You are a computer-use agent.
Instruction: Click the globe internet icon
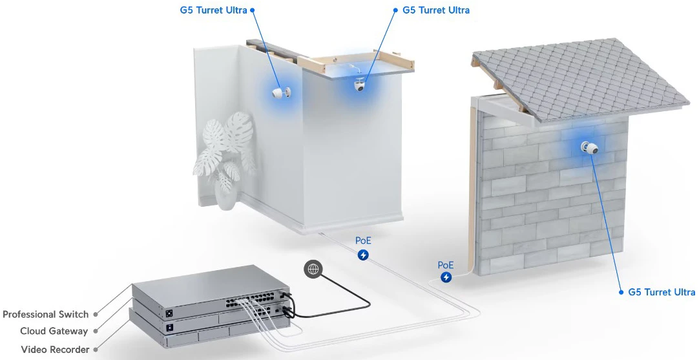coord(313,269)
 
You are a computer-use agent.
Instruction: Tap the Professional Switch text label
coord(45,315)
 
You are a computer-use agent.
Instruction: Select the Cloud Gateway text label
coord(54,331)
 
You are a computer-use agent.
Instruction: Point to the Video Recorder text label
coord(56,349)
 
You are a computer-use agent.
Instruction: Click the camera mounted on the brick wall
coord(589,147)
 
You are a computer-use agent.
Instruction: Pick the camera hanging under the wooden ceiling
coord(360,84)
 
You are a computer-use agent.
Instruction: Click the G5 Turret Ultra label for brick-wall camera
coord(662,292)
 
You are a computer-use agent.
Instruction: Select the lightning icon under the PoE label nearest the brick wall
coord(446,277)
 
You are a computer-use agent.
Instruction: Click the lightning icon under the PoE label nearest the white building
coord(364,255)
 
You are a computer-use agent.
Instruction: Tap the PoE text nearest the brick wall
coord(445,265)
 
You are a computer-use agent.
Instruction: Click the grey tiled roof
coord(579,80)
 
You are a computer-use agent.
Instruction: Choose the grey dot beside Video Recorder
coord(96,350)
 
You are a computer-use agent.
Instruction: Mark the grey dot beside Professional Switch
coord(96,315)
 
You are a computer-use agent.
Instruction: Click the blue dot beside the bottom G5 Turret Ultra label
coord(621,292)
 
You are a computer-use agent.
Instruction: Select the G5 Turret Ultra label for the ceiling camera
coord(436,10)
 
